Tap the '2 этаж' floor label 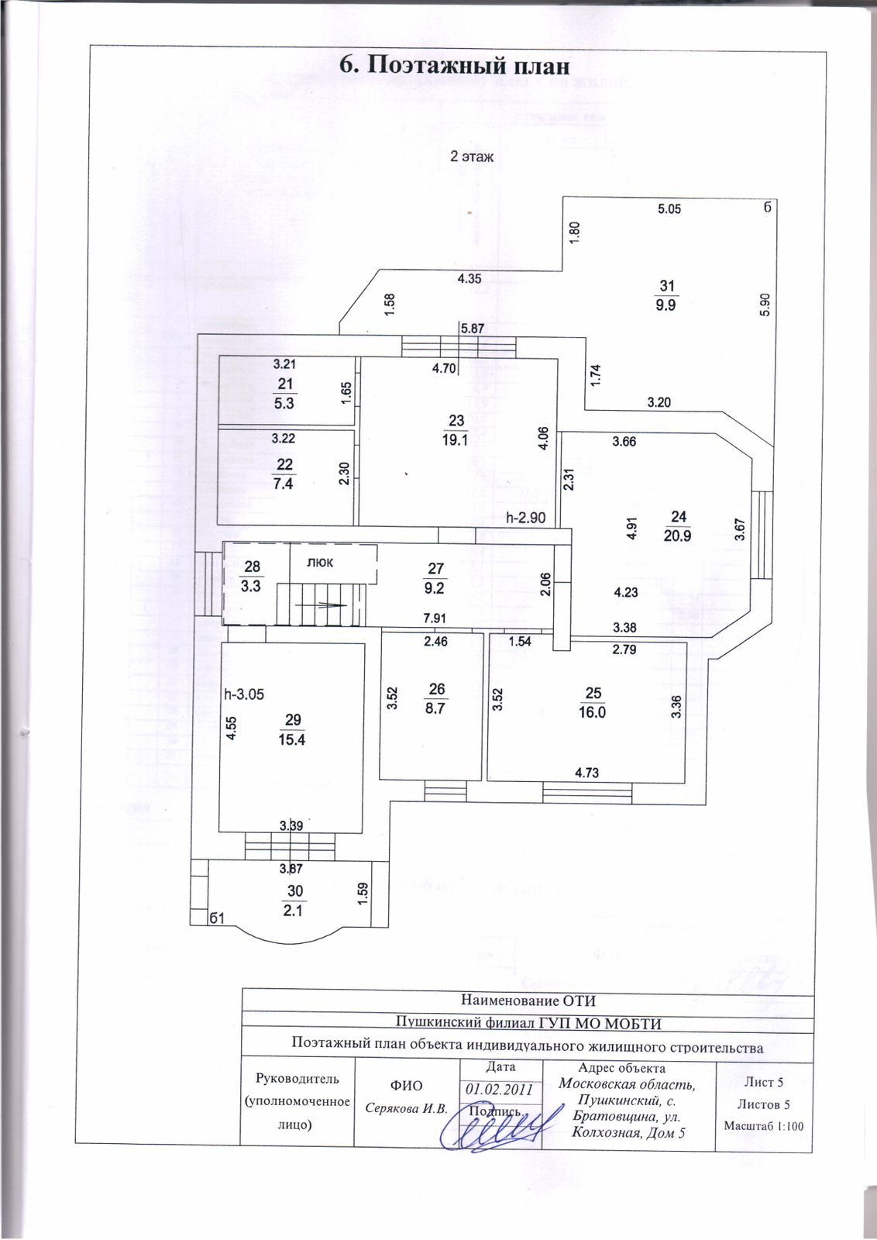[x=473, y=156]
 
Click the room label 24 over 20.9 [x=677, y=526]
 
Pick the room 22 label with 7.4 [x=284, y=474]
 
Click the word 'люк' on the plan [x=320, y=563]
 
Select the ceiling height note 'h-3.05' [x=244, y=694]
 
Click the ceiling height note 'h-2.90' [x=526, y=518]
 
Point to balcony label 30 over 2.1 [x=294, y=901]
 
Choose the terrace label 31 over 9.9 [x=665, y=295]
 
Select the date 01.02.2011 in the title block [x=500, y=1088]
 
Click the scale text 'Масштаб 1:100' [x=762, y=1125]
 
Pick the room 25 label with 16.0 [x=593, y=703]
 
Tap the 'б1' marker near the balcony [x=217, y=918]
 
